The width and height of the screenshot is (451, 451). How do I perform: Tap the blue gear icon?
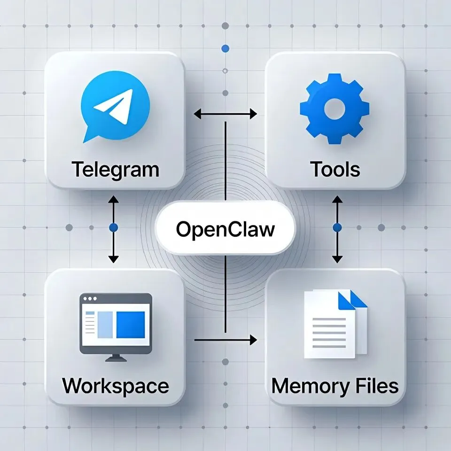[x=334, y=109]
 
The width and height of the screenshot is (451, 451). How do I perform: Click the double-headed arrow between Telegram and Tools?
[x=225, y=114]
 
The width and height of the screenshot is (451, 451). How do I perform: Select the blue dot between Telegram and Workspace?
[x=113, y=228]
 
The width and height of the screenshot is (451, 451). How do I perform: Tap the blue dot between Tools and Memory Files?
[x=337, y=228]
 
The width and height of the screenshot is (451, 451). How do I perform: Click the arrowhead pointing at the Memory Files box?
[x=254, y=339]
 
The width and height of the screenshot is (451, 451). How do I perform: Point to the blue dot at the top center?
[x=225, y=48]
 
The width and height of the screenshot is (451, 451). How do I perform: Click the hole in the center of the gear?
[x=334, y=109]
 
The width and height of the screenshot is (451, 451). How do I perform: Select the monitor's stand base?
[x=116, y=359]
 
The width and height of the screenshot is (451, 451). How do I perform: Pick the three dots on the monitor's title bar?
[x=89, y=298]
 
